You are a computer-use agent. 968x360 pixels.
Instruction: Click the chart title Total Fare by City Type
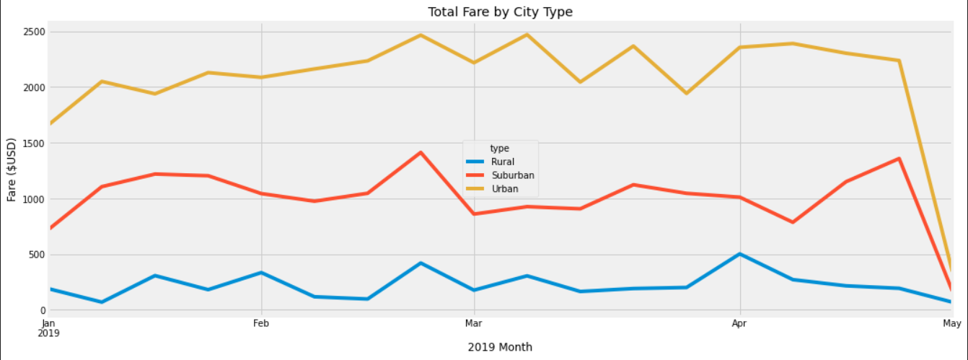500,12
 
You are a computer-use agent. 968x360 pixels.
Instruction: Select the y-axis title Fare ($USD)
12,169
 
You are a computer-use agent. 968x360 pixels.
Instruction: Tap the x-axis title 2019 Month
500,347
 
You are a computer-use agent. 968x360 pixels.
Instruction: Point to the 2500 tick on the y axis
34,32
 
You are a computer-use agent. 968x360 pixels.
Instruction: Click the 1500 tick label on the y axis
34,143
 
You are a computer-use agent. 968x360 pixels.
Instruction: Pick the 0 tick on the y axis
42,310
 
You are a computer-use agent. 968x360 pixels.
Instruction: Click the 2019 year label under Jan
48,334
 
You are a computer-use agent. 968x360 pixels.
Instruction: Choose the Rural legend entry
503,162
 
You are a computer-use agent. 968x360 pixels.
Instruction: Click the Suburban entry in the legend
513,175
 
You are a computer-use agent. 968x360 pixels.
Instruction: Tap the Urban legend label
505,189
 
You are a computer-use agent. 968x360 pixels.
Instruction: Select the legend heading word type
499,148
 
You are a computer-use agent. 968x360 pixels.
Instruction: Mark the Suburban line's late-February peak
421,152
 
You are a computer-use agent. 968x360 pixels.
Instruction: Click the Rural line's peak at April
739,254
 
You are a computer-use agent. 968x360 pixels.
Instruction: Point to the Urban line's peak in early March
527,35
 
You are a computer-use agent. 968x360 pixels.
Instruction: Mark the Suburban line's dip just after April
793,222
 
